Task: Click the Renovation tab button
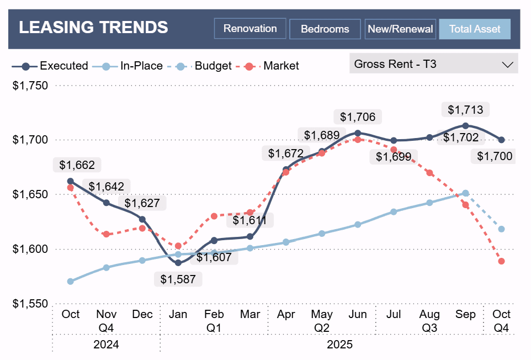click(250, 29)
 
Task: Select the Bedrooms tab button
click(325, 29)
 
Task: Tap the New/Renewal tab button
click(400, 29)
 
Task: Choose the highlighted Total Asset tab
click(475, 29)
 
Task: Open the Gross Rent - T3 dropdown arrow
click(507, 64)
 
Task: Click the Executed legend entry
click(50, 66)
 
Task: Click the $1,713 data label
click(465, 110)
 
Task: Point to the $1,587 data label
click(178, 279)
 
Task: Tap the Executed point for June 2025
click(358, 133)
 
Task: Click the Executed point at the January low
click(178, 263)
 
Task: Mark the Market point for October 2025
click(501, 261)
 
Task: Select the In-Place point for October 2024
click(71, 282)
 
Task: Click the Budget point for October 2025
click(501, 229)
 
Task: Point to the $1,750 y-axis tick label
click(30, 86)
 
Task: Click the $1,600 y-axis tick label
click(30, 249)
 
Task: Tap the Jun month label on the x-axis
click(358, 314)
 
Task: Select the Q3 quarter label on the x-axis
click(429, 328)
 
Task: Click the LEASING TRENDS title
click(93, 27)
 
